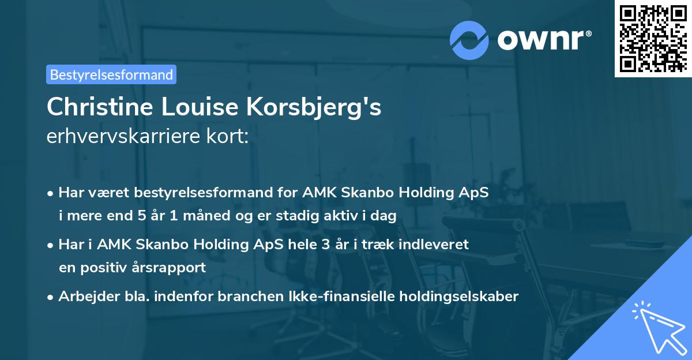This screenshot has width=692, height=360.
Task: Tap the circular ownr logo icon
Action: (469, 40)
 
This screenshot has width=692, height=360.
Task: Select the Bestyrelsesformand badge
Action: (111, 74)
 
